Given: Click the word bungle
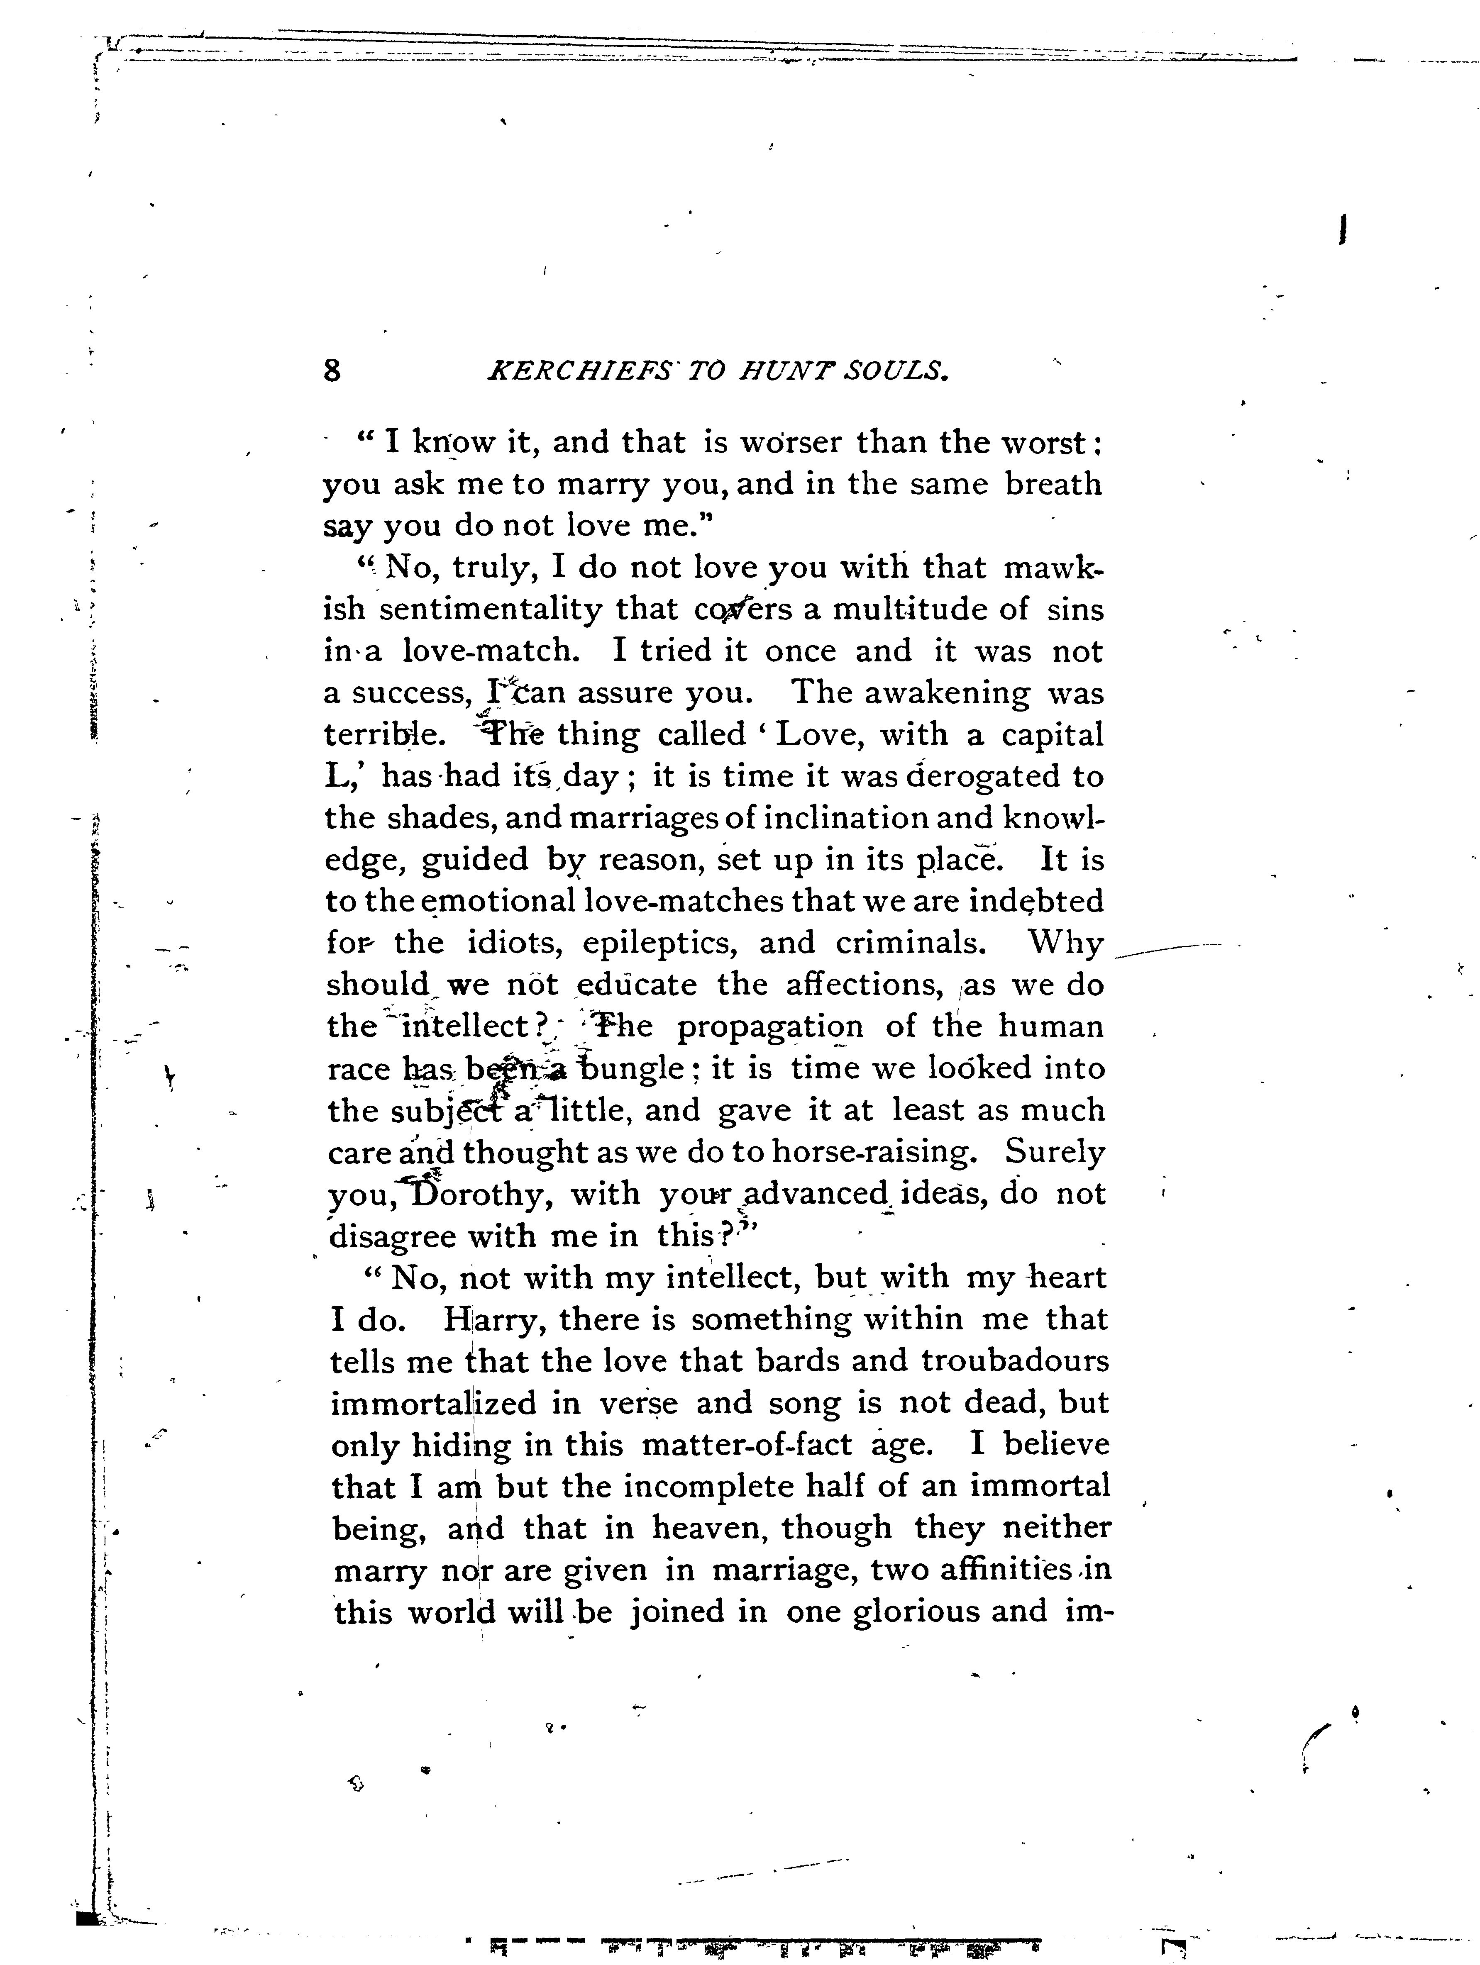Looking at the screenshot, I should [x=633, y=1069].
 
